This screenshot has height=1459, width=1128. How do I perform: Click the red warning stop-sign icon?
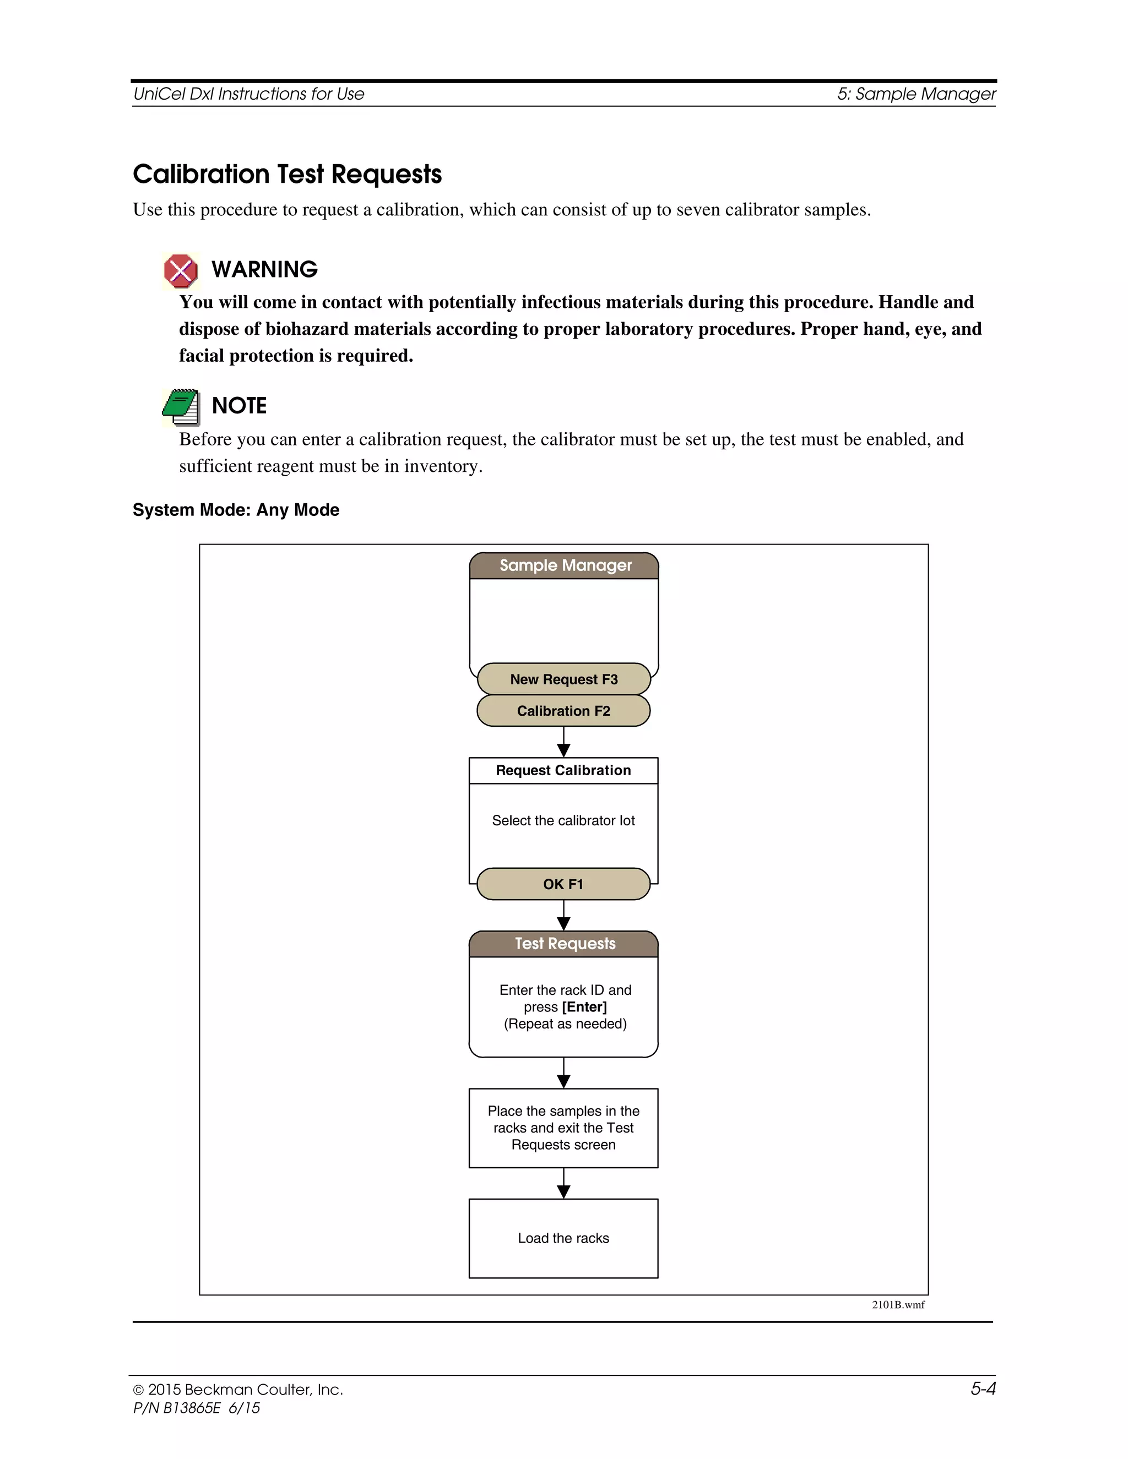(181, 271)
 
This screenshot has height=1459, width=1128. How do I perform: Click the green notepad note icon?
(181, 407)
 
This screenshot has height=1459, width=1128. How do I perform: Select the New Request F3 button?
(563, 679)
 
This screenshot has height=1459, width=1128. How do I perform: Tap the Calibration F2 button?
(563, 711)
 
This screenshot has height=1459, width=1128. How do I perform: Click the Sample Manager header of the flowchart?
(565, 566)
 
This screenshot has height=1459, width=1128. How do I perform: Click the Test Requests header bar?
(565, 944)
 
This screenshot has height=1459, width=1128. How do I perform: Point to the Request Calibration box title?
(563, 770)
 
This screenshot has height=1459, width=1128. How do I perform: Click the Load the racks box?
(563, 1238)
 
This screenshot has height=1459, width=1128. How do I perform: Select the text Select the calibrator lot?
(563, 820)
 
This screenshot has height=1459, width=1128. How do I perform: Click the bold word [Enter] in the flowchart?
(585, 1007)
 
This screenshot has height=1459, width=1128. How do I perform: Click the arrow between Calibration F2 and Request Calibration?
(563, 743)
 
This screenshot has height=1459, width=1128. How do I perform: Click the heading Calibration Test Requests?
(288, 175)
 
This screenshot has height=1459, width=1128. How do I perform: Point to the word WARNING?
(264, 269)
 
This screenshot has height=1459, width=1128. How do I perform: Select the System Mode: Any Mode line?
(236, 510)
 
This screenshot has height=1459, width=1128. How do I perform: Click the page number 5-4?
(983, 1389)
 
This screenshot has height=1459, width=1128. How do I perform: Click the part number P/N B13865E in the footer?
(177, 1408)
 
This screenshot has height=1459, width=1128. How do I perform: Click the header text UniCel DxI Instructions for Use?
(248, 94)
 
